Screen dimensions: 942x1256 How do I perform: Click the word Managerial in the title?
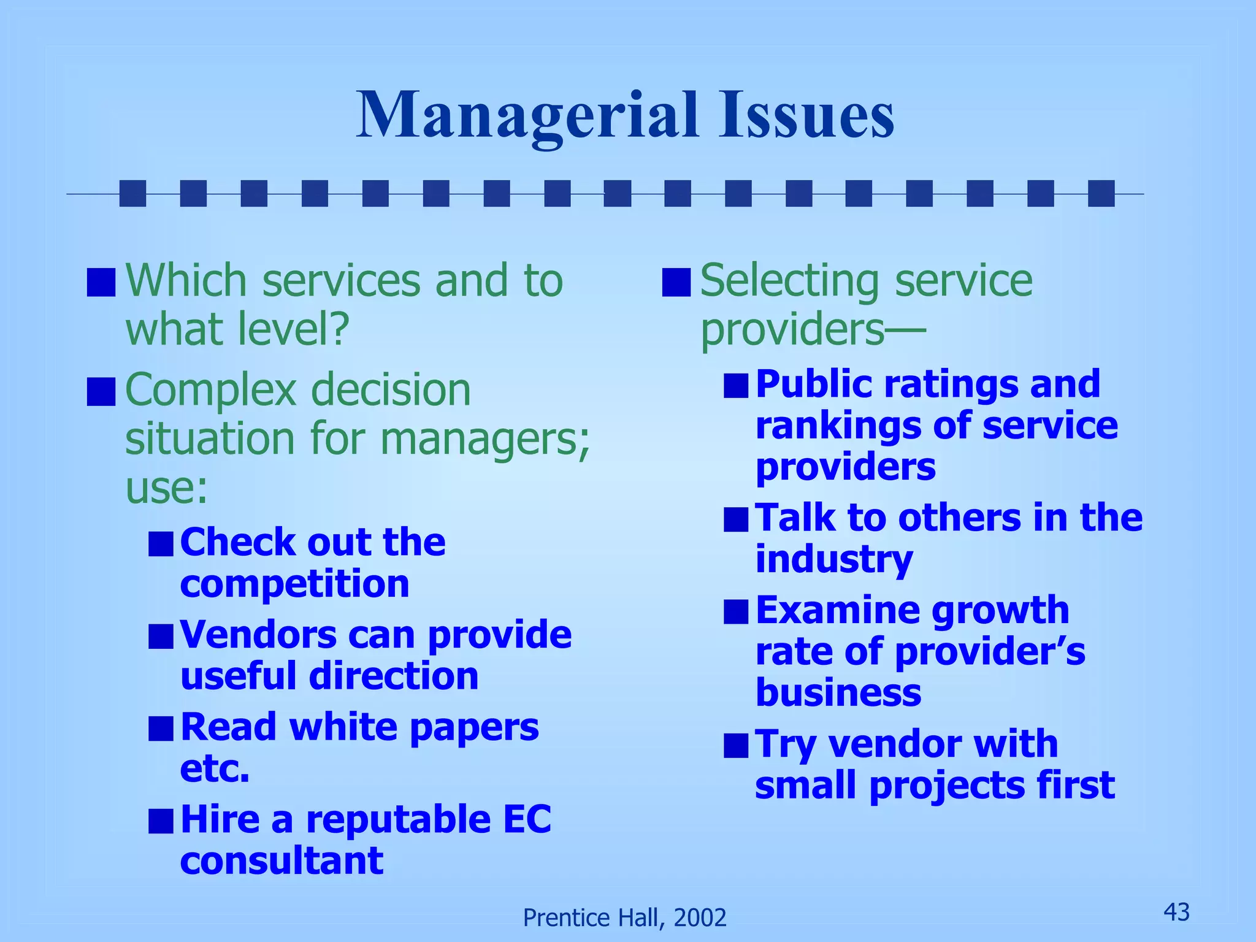(527, 115)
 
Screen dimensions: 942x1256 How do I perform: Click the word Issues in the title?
(806, 115)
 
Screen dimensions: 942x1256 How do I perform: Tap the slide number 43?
(1176, 912)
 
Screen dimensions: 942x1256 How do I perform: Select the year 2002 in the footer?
(700, 917)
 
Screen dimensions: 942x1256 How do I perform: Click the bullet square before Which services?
(101, 282)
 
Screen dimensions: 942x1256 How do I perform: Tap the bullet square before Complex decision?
(101, 392)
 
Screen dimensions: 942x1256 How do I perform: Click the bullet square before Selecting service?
(676, 282)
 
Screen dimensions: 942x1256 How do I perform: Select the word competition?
(294, 583)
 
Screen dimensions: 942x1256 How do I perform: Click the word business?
(838, 692)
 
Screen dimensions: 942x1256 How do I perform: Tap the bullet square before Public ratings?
(735, 386)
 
